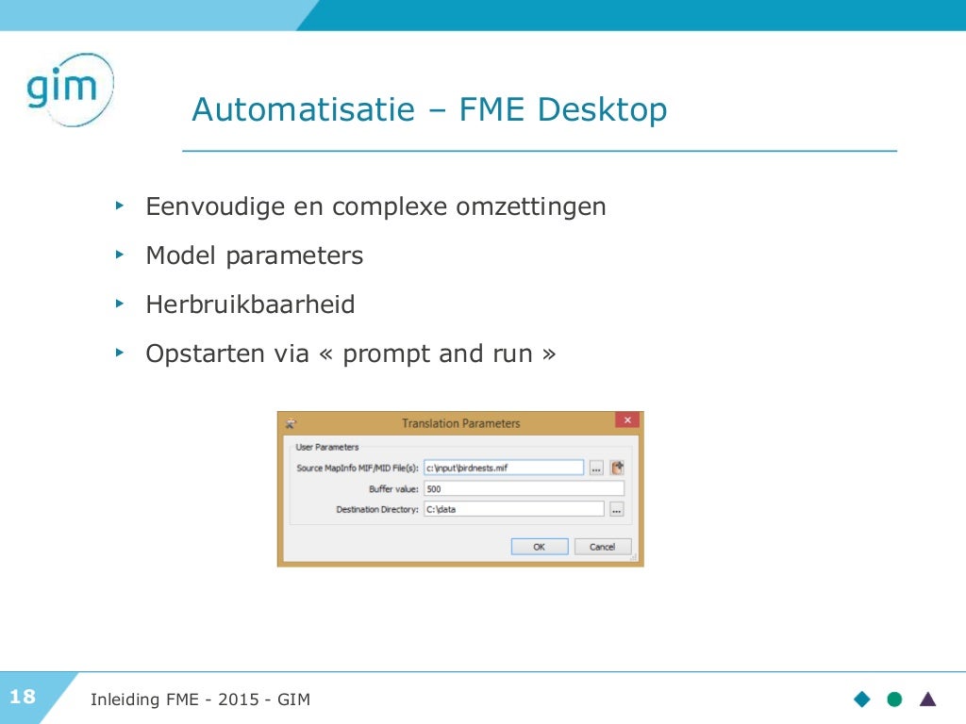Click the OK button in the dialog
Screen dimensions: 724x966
[x=539, y=547]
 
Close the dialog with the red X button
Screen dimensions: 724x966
[x=626, y=420]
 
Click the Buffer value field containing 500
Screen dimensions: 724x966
[x=524, y=489]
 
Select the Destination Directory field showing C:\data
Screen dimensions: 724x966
[x=513, y=509]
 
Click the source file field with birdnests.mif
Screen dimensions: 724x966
[x=503, y=467]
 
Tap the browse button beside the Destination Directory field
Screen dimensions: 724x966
[x=616, y=509]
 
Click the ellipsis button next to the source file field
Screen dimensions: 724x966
[x=596, y=467]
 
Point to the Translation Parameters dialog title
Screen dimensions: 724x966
[x=460, y=423]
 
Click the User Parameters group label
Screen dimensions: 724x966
[x=327, y=447]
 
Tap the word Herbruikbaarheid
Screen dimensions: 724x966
[x=250, y=305]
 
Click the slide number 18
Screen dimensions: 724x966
[x=23, y=698]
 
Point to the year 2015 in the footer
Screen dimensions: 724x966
[x=239, y=699]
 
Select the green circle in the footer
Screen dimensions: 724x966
[x=894, y=699]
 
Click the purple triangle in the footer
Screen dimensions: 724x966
[x=928, y=699]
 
